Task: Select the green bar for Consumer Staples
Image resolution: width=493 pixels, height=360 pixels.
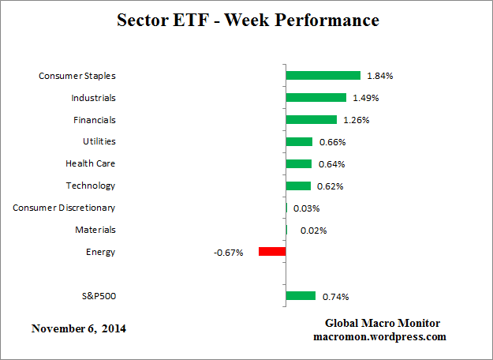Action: coord(323,76)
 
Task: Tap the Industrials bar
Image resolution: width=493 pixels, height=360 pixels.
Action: coord(316,98)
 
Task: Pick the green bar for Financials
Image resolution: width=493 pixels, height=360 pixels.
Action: coord(311,120)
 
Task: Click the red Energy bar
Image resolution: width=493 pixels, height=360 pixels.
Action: coord(272,252)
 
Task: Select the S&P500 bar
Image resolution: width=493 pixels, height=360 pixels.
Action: coord(301,296)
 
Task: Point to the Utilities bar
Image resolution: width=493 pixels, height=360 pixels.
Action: coord(299,142)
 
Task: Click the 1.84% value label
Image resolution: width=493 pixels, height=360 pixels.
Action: coord(380,76)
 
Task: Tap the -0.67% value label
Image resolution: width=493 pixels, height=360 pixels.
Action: coord(228,253)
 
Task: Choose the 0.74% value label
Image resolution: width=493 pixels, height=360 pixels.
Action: coord(335,297)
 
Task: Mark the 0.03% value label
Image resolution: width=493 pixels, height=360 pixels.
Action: coord(306,208)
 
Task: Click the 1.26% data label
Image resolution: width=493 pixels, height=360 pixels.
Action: coord(356,120)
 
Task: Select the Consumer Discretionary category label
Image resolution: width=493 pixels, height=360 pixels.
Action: coord(64,208)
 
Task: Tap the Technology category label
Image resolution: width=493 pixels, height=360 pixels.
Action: coord(91,186)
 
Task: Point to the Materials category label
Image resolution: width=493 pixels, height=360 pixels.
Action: coord(95,230)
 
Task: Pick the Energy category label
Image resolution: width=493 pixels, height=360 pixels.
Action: coord(100,252)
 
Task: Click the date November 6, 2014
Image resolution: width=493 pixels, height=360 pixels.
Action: coord(78,328)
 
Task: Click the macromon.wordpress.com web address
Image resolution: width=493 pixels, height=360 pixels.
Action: coord(379,336)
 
